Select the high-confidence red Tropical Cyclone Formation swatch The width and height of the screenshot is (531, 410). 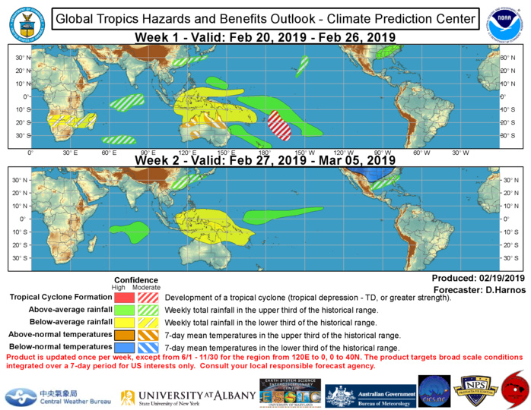coord(124,298)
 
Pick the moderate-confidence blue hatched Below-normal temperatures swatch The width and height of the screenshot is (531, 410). coord(148,346)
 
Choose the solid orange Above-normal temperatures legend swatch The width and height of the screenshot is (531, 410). coord(124,334)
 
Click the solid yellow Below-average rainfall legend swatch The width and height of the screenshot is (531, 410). coord(124,322)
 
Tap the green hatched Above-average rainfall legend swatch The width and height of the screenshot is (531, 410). coord(148,310)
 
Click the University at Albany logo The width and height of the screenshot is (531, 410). coord(185,396)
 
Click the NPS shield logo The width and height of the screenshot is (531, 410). coord(475,394)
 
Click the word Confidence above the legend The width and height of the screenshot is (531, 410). coord(136,279)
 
